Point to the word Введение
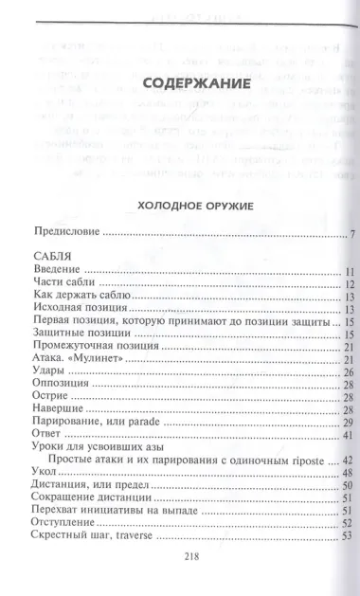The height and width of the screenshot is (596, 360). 57,271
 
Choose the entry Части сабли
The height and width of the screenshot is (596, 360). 64,283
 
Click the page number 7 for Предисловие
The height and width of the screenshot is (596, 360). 351,234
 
